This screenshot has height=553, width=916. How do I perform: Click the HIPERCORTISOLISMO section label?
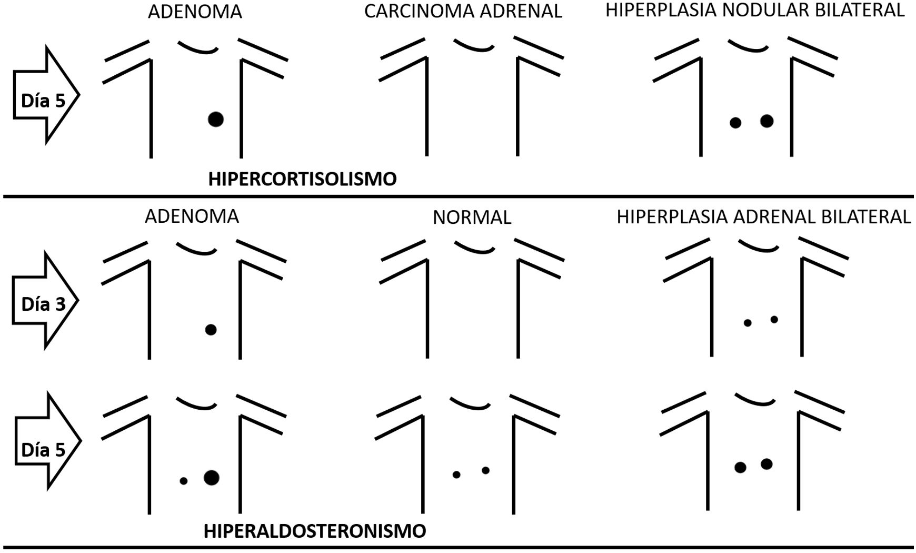(x=302, y=179)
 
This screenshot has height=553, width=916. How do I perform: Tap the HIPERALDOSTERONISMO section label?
(x=315, y=531)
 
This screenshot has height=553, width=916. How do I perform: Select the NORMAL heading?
(x=472, y=218)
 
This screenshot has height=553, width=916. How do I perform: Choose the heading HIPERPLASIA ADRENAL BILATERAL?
(x=763, y=217)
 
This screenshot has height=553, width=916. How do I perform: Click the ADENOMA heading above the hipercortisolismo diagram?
(x=195, y=12)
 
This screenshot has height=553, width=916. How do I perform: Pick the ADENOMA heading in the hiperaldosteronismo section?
(x=192, y=216)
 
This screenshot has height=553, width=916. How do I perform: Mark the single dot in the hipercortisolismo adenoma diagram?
(x=215, y=119)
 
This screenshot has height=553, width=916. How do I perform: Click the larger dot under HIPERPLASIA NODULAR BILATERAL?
(x=766, y=121)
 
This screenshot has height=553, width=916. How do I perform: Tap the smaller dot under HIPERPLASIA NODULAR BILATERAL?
(x=735, y=123)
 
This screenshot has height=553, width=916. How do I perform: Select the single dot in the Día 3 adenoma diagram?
(x=211, y=330)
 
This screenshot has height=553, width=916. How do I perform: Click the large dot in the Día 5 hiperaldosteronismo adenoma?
(x=212, y=478)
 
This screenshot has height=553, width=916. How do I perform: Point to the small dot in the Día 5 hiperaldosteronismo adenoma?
(x=183, y=481)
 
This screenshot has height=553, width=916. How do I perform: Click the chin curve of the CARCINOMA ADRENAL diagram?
(x=474, y=46)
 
